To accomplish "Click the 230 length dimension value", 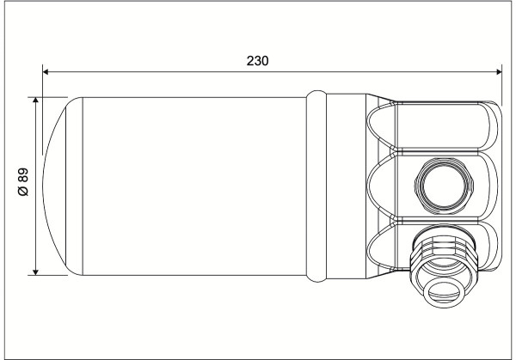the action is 257,61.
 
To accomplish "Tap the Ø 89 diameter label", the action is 23,182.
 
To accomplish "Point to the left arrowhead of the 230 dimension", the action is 46,71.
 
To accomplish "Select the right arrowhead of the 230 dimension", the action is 499,71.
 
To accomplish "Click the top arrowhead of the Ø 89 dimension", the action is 35,101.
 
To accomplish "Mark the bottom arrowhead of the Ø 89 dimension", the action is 35,272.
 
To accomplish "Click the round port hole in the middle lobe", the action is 444,186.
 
